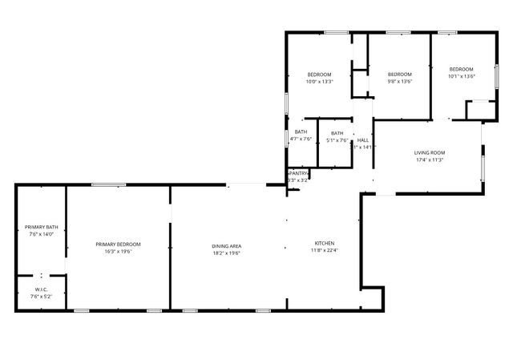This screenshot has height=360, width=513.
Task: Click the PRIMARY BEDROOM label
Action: pos(118,245)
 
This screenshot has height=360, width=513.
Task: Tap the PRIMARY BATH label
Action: pos(40,228)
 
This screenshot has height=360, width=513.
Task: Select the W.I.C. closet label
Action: pos(42,289)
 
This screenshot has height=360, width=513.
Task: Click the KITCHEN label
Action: pos(325,243)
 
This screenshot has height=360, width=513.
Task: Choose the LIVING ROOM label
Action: pos(430,152)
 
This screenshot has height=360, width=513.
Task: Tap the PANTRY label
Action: pos(298,173)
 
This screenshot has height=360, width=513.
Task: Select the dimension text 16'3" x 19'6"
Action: pos(118,252)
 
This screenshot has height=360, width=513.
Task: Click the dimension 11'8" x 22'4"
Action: pos(325,250)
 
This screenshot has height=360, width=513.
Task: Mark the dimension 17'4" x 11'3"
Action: pos(430,160)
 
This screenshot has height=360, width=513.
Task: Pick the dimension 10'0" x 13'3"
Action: pos(319,82)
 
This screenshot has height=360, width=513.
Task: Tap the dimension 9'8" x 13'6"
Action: pos(399,81)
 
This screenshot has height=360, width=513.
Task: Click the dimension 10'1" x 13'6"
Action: pos(461,76)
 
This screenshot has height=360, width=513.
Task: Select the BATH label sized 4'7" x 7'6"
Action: pos(301,131)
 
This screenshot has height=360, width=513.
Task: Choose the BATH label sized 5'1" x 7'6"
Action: pos(337,133)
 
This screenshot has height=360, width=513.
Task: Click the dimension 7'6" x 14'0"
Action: pos(40,235)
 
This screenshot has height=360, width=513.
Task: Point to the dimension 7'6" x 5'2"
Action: pos(42,297)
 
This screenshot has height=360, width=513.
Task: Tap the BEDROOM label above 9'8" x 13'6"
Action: pos(399,74)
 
